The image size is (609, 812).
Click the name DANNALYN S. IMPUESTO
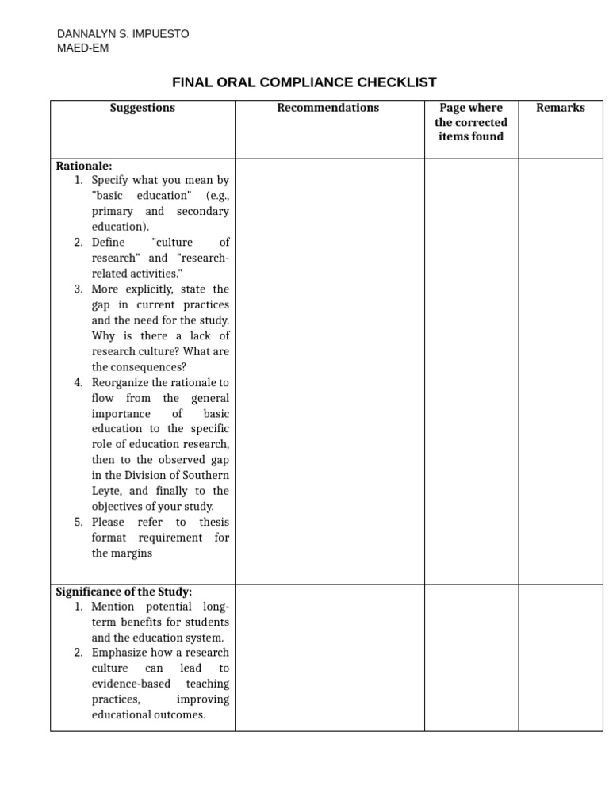coord(123,34)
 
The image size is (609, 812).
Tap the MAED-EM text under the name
coord(83,48)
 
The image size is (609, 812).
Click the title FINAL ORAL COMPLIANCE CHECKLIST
coord(304,82)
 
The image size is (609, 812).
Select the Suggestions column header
coord(143,108)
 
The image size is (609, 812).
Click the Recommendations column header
coord(327,108)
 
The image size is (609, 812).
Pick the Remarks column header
coord(560,108)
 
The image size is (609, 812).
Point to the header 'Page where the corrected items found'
coord(471,122)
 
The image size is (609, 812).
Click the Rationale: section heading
coord(84,166)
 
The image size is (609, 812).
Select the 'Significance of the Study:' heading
coord(124,592)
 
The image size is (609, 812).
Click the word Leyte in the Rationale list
coord(108,491)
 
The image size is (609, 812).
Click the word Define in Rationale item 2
coord(108,243)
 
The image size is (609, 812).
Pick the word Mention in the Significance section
coord(113,607)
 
